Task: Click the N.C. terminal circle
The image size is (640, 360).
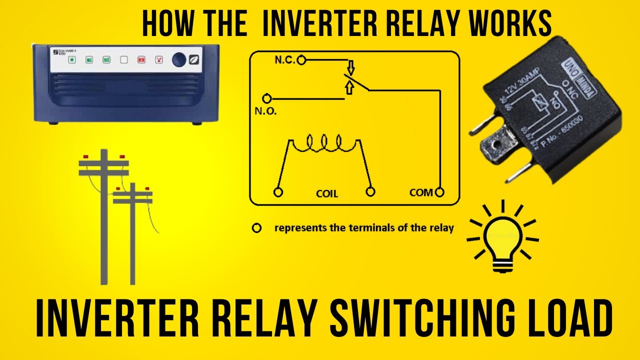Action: click(301, 60)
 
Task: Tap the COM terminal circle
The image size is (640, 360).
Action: click(439, 192)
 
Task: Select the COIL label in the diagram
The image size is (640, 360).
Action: click(327, 193)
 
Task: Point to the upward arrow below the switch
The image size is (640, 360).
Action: click(349, 88)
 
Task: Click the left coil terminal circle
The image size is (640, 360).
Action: click(278, 192)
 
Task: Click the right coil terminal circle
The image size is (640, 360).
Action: click(370, 191)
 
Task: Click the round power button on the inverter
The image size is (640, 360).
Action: click(179, 59)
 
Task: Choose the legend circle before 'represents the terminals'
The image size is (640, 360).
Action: click(256, 228)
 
